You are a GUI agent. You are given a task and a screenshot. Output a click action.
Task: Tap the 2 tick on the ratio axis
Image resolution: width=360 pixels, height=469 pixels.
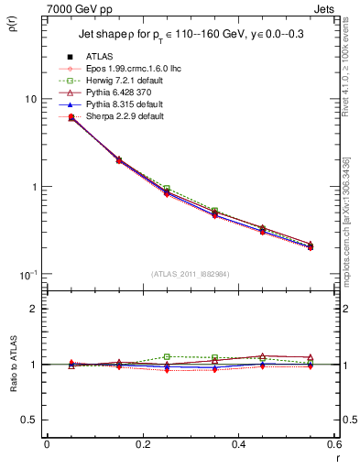tap(32, 310)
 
